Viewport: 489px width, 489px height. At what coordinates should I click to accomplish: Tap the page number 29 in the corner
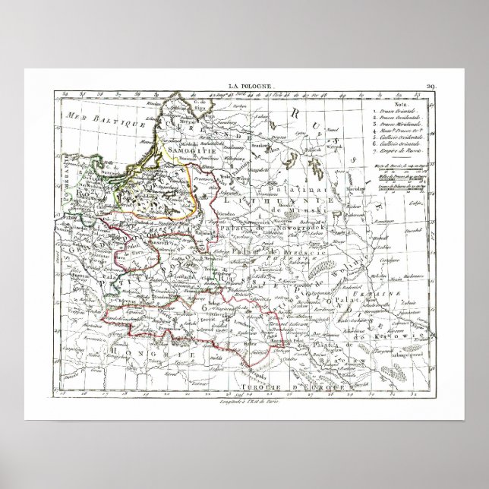click(x=431, y=88)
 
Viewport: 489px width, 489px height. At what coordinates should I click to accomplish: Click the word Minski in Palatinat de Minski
click(x=312, y=207)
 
